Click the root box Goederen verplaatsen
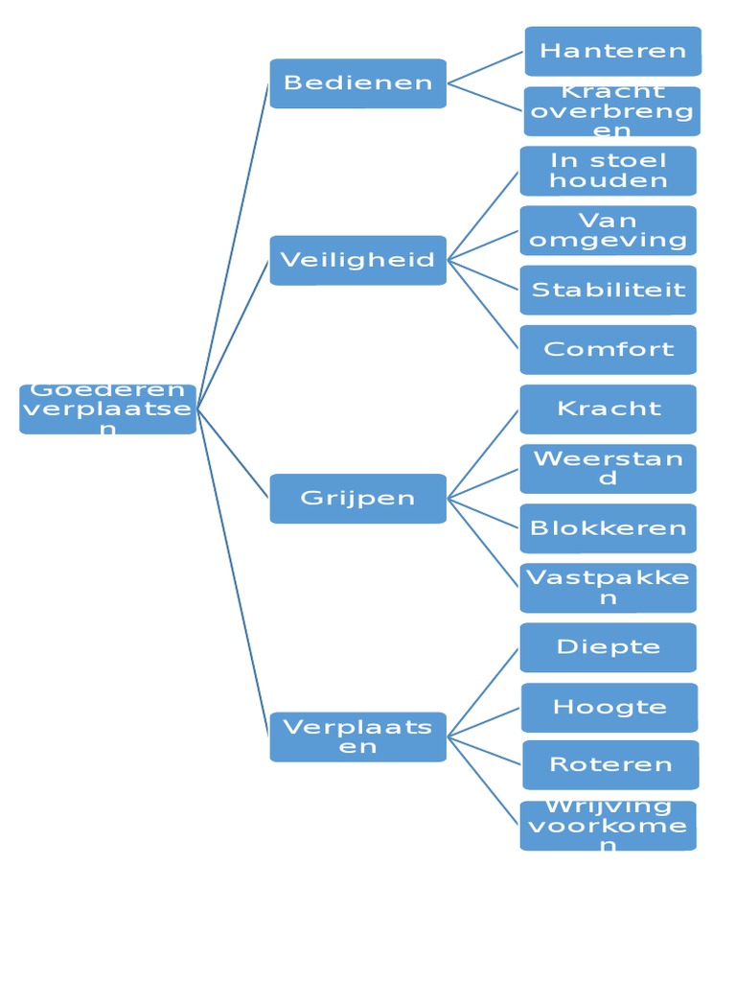pos(107,409)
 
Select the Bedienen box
pos(357,83)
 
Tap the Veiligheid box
pos(357,260)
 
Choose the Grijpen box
pos(357,499)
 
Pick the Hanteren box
pos(612,51)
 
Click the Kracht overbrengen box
pos(612,111)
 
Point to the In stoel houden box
pos(608,171)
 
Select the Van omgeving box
pos(608,230)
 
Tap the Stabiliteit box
pos(608,290)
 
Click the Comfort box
pos(608,349)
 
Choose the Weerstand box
pos(608,469)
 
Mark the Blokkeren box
pos(608,528)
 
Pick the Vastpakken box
pos(608,588)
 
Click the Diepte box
pos(608,647)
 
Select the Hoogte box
pos(609,708)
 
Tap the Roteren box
pos(610,765)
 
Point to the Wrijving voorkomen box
pos(608,826)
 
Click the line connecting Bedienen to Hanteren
pos(486,67)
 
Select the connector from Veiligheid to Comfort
pos(484,304)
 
